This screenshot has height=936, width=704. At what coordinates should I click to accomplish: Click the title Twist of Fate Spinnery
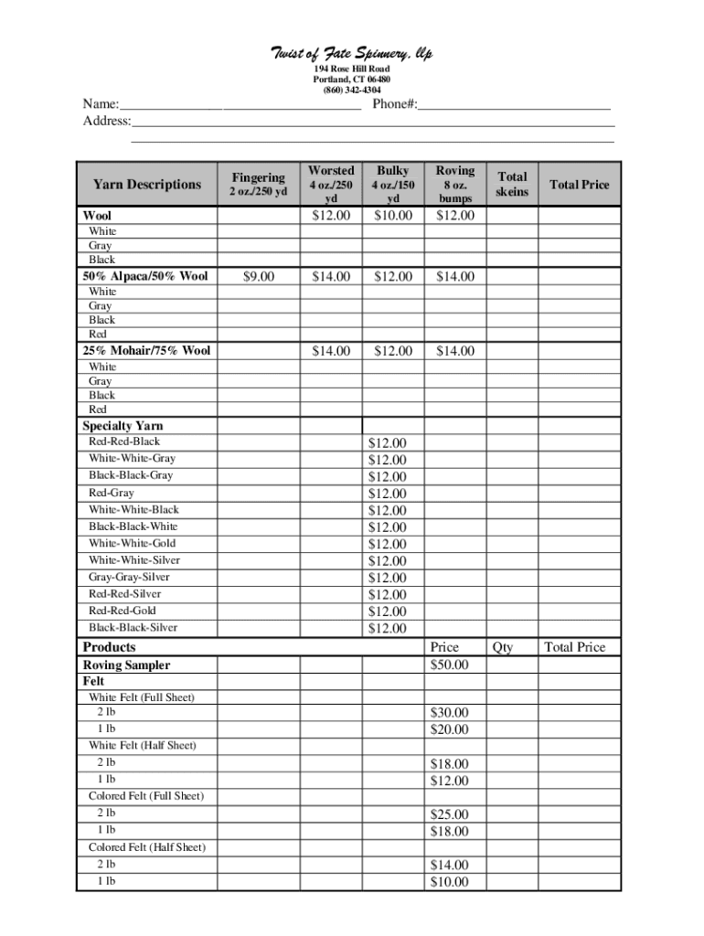352,54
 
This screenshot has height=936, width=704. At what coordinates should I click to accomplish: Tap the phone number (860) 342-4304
352,90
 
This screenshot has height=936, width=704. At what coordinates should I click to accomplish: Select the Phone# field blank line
514,105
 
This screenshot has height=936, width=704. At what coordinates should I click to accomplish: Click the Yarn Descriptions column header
146,185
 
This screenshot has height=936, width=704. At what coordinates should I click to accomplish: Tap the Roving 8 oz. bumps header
454,184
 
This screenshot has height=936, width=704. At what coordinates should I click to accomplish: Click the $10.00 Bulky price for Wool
393,216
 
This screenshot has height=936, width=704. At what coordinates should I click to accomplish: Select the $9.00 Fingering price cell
258,276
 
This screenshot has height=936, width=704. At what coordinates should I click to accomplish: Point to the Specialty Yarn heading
123,426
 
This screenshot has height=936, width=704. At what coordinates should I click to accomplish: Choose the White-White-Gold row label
133,543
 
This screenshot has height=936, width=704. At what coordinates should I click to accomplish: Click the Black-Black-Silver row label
133,627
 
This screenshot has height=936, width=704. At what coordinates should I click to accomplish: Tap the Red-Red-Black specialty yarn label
124,441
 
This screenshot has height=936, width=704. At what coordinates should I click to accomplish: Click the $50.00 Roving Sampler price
449,665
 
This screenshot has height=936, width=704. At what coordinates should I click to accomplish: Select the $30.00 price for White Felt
449,713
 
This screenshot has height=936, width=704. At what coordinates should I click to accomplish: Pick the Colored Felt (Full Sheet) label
146,796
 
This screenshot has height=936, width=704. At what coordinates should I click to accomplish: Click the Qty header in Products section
503,647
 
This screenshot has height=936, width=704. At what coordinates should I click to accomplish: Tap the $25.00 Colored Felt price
449,814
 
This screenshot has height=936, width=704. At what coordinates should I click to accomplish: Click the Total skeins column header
512,184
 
